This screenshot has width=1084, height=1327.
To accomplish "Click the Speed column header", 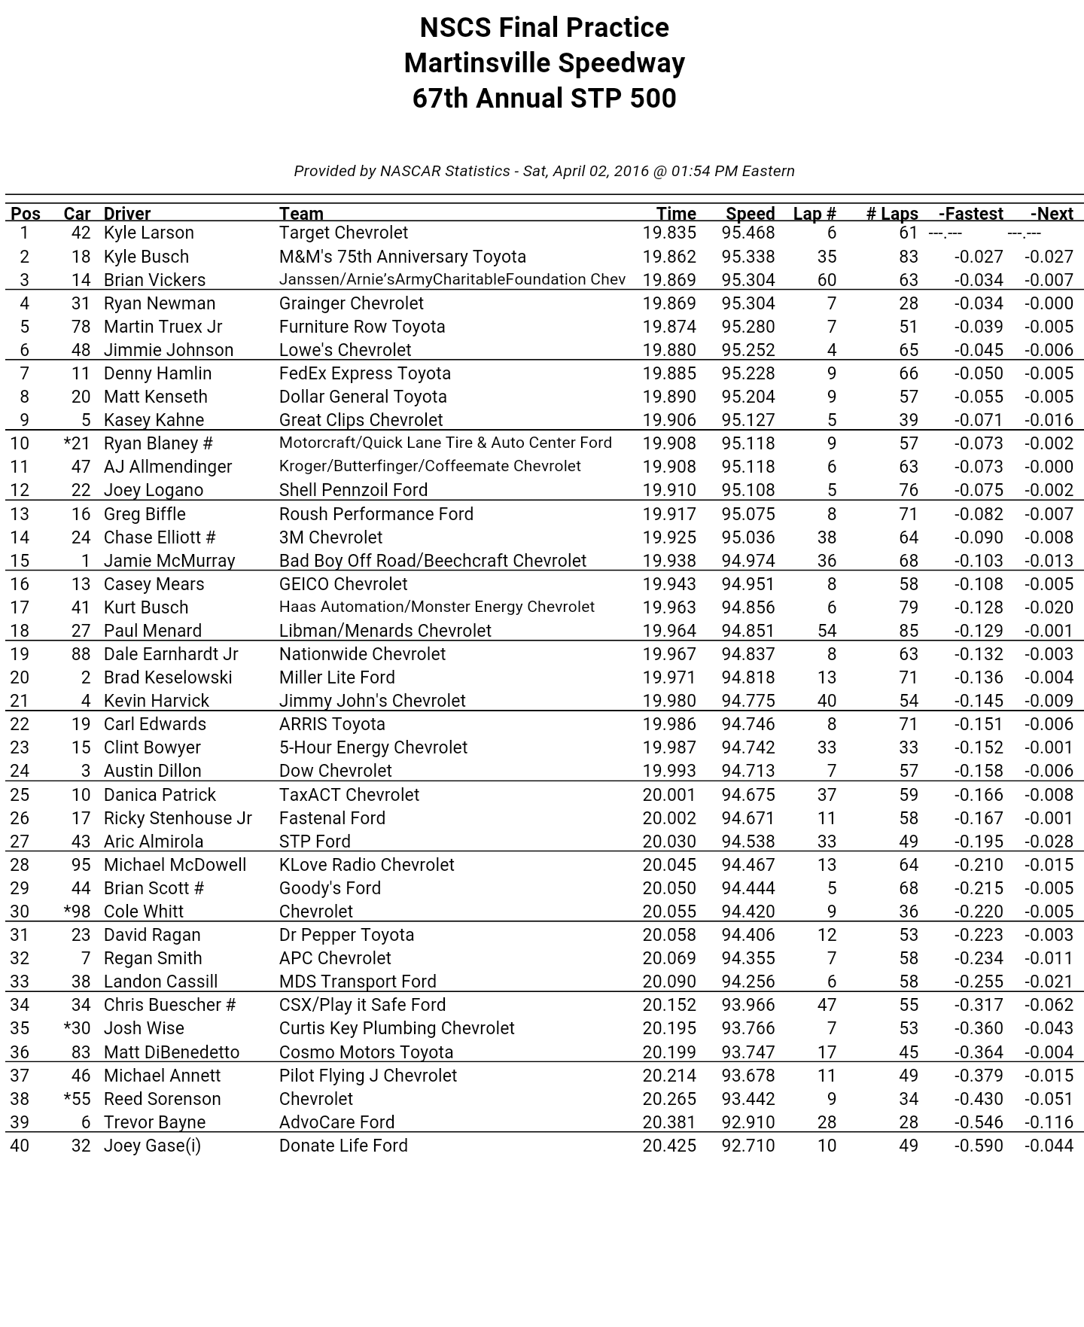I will tap(750, 214).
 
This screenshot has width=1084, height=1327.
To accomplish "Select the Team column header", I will tap(301, 214).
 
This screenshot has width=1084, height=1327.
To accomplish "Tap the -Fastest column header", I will tap(970, 214).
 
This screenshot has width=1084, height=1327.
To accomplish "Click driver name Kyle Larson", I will tap(148, 233).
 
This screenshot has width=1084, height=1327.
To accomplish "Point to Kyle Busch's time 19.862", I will tap(668, 257).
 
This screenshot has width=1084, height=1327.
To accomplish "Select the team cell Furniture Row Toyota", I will tap(362, 327).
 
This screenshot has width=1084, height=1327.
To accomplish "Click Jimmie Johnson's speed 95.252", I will tap(748, 350).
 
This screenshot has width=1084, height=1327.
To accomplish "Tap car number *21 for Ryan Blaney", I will tap(78, 443).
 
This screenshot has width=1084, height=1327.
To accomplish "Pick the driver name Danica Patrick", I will tap(160, 795).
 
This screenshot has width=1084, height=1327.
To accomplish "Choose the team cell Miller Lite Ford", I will tap(336, 677).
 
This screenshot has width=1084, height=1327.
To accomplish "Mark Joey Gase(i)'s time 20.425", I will tap(668, 1146).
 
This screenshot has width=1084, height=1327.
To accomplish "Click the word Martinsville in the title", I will tap(477, 63).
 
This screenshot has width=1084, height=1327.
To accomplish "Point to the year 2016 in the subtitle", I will tap(631, 171).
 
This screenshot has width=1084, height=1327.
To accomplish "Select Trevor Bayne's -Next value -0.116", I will tap(1048, 1122).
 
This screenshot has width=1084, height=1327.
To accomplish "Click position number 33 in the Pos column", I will tap(20, 982).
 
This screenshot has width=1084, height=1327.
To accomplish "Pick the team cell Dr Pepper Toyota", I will tap(346, 935).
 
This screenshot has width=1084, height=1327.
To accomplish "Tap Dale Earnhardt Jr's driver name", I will tap(171, 654).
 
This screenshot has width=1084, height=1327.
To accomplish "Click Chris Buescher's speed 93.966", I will tap(748, 1005).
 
